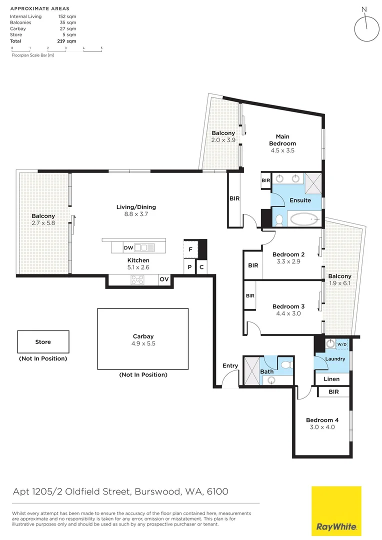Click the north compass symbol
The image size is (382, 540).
click(367, 28)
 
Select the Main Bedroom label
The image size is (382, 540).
click(282, 140)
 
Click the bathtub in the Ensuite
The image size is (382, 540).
click(304, 219)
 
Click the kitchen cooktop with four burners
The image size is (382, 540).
click(138, 280)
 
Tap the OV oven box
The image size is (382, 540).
click(164, 280)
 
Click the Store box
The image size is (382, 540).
click(43, 342)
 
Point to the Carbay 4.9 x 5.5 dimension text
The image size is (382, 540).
click(143, 344)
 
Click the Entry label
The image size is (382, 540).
click(230, 365)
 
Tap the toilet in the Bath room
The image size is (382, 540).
click(285, 365)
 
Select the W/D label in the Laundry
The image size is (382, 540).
click(342, 344)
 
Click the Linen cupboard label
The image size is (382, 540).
click(331, 379)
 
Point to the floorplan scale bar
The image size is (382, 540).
click(56, 49)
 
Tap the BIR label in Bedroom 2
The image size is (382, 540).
click(253, 265)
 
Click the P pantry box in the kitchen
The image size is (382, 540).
click(189, 267)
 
